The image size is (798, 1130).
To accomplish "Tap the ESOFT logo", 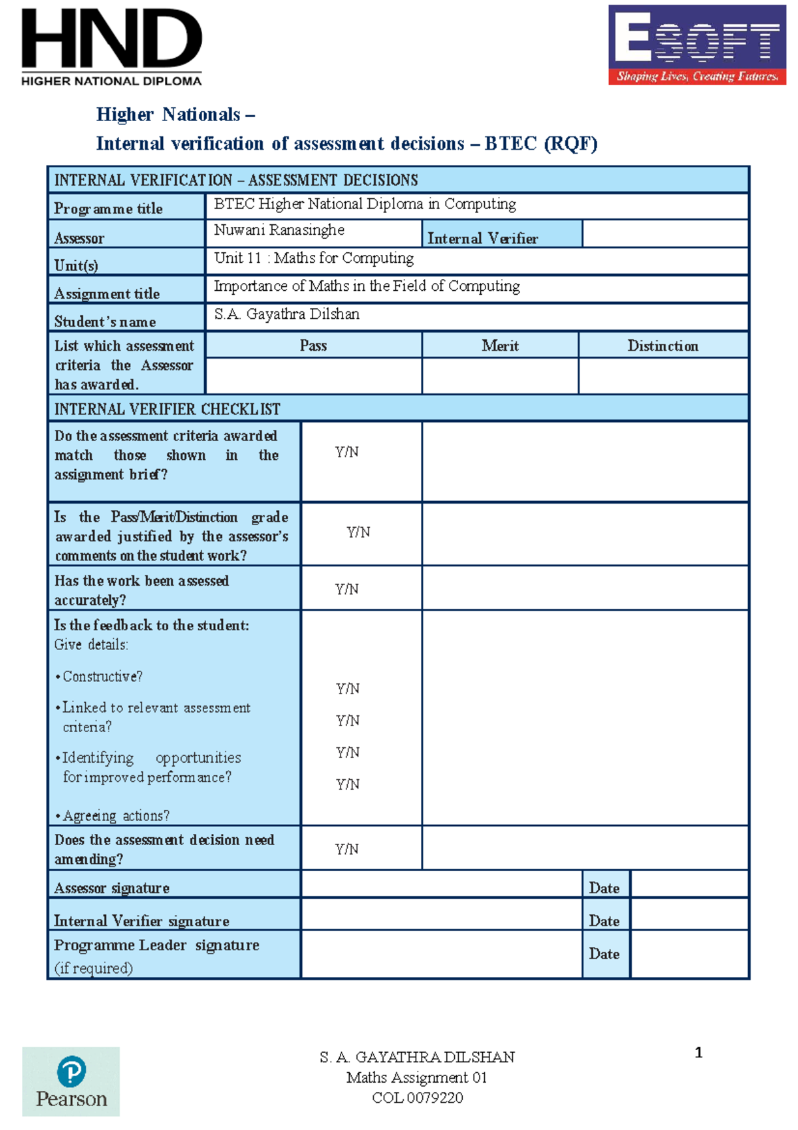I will [x=696, y=45].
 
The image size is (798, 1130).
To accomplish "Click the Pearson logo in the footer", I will [x=71, y=1081].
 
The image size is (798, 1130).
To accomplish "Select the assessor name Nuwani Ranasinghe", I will [x=279, y=230].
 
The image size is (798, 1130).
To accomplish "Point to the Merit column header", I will [x=500, y=345].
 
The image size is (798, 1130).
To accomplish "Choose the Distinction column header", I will [x=662, y=345].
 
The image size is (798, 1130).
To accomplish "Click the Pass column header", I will [x=313, y=345].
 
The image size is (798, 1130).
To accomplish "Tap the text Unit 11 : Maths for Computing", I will [x=314, y=258].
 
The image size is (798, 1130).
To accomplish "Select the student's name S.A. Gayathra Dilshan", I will [x=287, y=314].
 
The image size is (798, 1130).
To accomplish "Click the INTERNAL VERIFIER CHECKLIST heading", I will [x=167, y=409].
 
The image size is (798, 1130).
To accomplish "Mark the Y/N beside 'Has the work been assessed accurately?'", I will [x=346, y=589].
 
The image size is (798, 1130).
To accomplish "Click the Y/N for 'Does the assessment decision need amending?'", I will [x=346, y=848].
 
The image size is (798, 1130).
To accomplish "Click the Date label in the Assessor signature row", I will [x=604, y=888].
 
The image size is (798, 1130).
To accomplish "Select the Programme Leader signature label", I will [x=157, y=945].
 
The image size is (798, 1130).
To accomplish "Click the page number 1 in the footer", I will [x=698, y=1053].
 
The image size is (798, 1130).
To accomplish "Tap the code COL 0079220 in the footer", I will [x=417, y=1098].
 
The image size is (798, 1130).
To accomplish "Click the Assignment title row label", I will [x=107, y=293].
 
